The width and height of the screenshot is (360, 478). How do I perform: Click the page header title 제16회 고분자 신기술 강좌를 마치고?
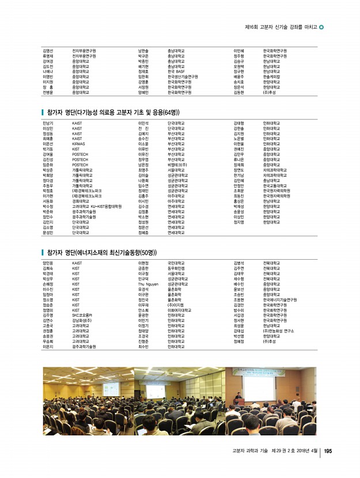(281, 26)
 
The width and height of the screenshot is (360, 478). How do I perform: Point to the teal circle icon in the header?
(321, 26)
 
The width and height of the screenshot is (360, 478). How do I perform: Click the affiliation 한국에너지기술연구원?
(279, 299)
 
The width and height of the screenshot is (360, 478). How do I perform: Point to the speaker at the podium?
(238, 397)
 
